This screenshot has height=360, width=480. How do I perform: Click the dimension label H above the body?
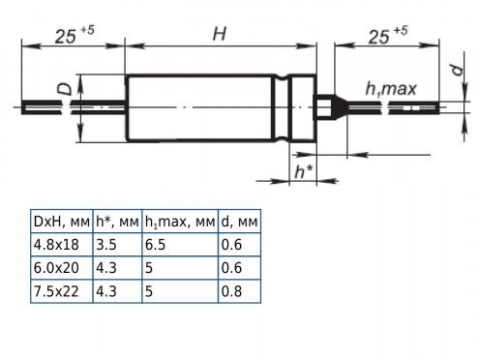tap(220, 34)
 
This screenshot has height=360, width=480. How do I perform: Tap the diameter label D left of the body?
tap(66, 89)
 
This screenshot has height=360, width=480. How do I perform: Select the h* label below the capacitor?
tap(303, 170)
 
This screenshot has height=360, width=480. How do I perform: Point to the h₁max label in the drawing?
tap(391, 89)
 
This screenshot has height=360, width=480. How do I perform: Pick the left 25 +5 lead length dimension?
tap(75, 35)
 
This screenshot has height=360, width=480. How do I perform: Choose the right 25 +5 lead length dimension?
tap(388, 36)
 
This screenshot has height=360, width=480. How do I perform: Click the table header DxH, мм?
tap(62, 222)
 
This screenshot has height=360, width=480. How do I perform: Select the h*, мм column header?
tap(117, 222)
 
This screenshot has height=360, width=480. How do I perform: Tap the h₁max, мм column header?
tap(180, 222)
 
